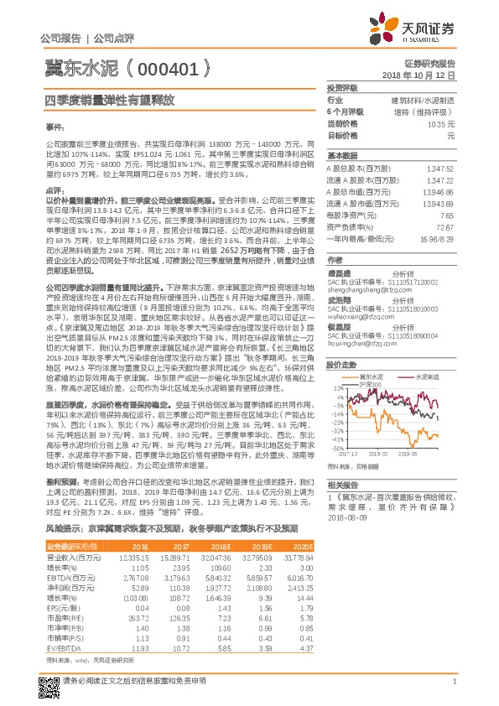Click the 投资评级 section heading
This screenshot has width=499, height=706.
coord(342,87)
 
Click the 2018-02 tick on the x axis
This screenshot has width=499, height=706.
coord(378,452)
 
